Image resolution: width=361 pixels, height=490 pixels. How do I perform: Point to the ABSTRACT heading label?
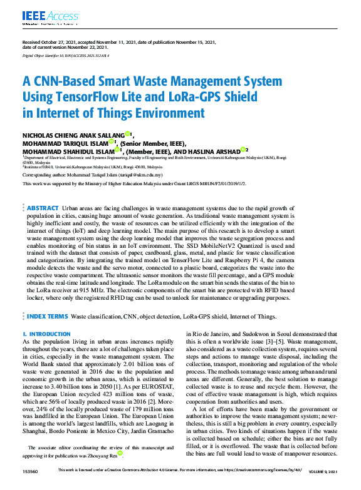point(43,207)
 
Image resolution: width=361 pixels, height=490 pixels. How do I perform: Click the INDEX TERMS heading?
point(47,317)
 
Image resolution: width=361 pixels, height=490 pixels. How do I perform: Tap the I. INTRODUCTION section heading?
point(46,335)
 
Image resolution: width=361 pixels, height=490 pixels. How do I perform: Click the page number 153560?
point(31,470)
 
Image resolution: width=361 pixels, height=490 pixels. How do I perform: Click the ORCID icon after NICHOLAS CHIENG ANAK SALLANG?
point(127,133)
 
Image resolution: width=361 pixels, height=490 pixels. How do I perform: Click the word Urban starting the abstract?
point(71,207)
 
